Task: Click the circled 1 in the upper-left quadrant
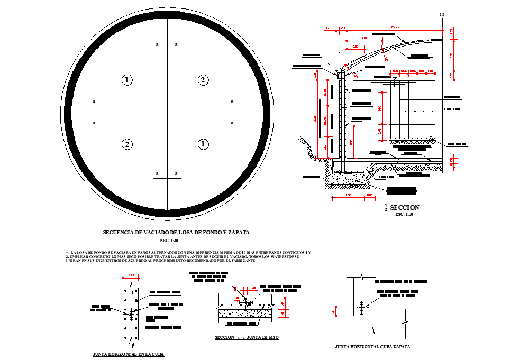coord(126,80)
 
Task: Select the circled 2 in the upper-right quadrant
coord(203,80)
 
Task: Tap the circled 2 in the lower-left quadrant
coord(126,144)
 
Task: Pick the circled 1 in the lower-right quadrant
coord(203,144)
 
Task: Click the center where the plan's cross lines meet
coord(167,114)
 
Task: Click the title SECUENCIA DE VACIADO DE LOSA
coord(176,232)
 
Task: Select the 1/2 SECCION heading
coord(404,208)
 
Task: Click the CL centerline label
coord(442,15)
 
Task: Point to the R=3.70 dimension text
coord(395,26)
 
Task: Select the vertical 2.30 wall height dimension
coord(316,120)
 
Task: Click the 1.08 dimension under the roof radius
coord(364,38)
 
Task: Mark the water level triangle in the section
coord(395,79)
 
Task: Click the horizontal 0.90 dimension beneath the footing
coord(348,196)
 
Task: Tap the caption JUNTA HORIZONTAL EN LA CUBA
coord(128,354)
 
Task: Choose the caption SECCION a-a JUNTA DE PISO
coord(247,337)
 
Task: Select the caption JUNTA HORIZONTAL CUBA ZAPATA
coord(373,347)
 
